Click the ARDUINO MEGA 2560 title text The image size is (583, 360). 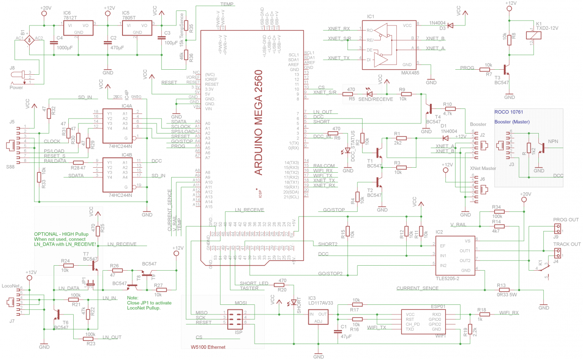pyautogui.click(x=258, y=123)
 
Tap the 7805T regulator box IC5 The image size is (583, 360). pyautogui.click(x=136, y=29)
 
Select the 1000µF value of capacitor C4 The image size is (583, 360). pyautogui.click(x=65, y=48)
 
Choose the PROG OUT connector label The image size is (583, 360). pyautogui.click(x=566, y=220)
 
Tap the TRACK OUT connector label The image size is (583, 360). pyautogui.click(x=567, y=244)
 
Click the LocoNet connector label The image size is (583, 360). pyautogui.click(x=11, y=286)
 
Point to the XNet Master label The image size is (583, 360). pyautogui.click(x=483, y=169)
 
